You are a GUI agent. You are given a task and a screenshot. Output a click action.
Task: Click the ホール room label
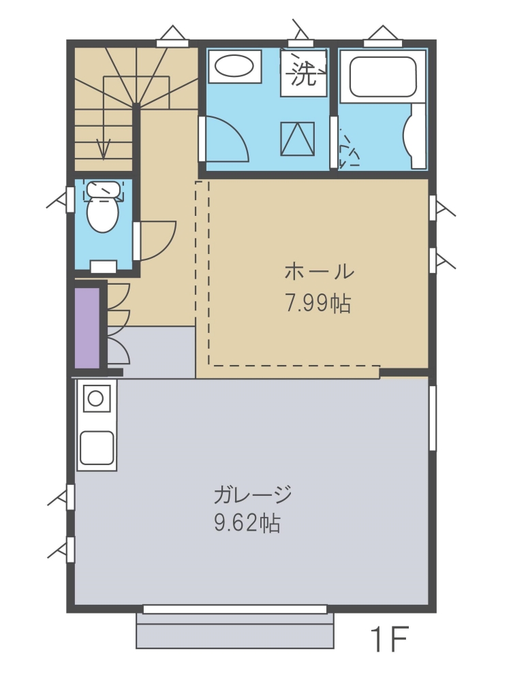tap(320, 272)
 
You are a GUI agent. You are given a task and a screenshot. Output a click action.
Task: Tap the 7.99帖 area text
tap(318, 303)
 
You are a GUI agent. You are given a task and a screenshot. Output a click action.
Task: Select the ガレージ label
tap(252, 494)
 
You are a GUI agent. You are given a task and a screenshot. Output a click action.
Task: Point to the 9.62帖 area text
tap(247, 522)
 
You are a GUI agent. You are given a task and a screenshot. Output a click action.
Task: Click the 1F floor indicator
tap(389, 639)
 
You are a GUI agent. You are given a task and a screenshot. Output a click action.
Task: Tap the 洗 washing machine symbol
tap(303, 73)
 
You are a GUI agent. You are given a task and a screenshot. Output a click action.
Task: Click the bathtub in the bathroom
tap(383, 76)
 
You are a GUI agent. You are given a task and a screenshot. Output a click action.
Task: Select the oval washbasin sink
tap(234, 67)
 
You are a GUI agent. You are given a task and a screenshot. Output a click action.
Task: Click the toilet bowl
tap(103, 215)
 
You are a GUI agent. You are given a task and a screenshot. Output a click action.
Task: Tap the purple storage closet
tap(87, 328)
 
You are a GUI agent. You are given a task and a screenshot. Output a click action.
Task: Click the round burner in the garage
tap(96, 398)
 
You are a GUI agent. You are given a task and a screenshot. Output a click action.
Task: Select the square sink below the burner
tap(97, 448)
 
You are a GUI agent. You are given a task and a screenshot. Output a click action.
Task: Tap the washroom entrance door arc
tap(237, 134)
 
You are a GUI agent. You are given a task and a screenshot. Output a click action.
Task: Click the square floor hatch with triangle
tap(298, 138)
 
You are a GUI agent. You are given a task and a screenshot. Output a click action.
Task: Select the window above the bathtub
tap(382, 42)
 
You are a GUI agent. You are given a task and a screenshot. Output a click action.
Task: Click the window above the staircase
tap(172, 42)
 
